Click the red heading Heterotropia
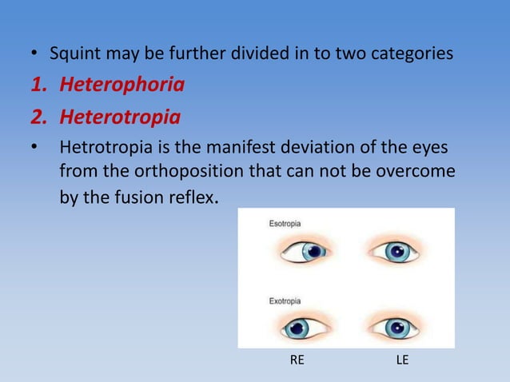[x=119, y=118]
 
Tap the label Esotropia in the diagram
[x=284, y=224]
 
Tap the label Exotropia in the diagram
[x=284, y=300]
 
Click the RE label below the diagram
[x=297, y=361]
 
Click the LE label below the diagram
[x=402, y=361]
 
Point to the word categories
[x=413, y=55]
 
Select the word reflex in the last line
[x=191, y=197]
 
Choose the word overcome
[x=420, y=172]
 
